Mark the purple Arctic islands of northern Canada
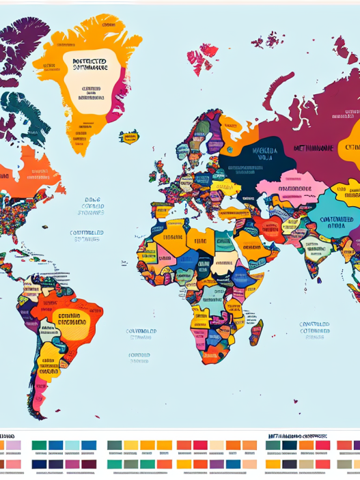17,48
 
